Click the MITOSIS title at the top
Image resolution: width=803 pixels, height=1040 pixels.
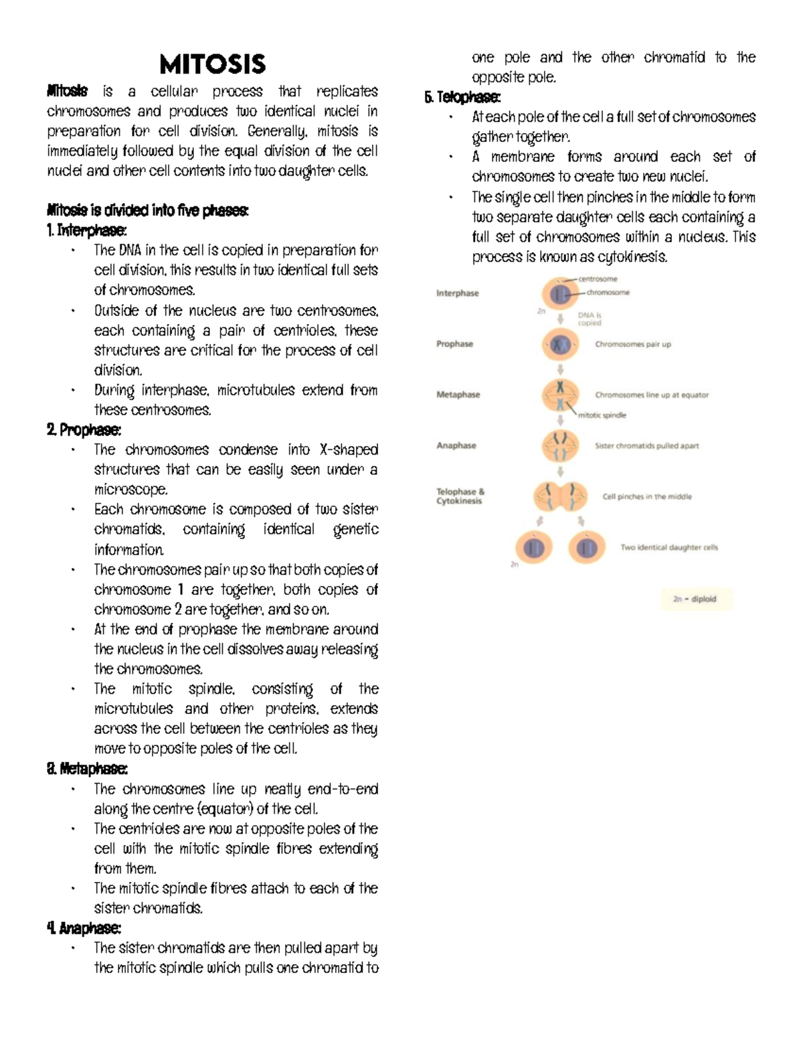click(212, 65)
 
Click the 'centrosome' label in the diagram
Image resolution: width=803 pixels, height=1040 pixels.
click(598, 279)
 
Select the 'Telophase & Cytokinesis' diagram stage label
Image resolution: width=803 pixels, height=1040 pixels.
click(460, 496)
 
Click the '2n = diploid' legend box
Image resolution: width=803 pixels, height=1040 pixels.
click(694, 599)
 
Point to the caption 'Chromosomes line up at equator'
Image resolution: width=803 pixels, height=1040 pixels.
click(651, 395)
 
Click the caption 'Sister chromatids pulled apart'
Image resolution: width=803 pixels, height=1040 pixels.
click(646, 446)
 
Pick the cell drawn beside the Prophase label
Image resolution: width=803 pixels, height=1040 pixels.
click(560, 344)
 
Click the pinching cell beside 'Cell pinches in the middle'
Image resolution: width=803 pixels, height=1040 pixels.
click(560, 496)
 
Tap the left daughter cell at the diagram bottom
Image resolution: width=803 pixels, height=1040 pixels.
click(533, 548)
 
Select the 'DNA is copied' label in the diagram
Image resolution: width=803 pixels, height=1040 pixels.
click(590, 319)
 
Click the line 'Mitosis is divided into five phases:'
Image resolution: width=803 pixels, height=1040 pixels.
click(147, 210)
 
